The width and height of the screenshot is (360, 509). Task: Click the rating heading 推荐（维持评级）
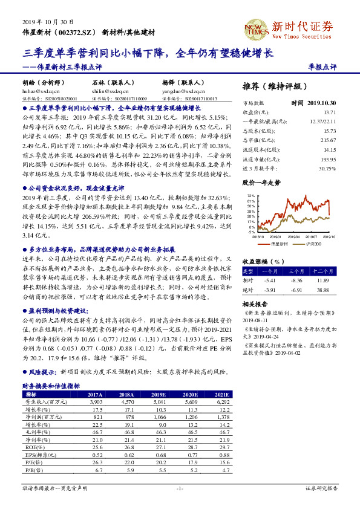tap(273, 86)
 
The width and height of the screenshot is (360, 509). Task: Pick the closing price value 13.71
tap(329, 112)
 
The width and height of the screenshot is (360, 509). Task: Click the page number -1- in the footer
tap(180, 488)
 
